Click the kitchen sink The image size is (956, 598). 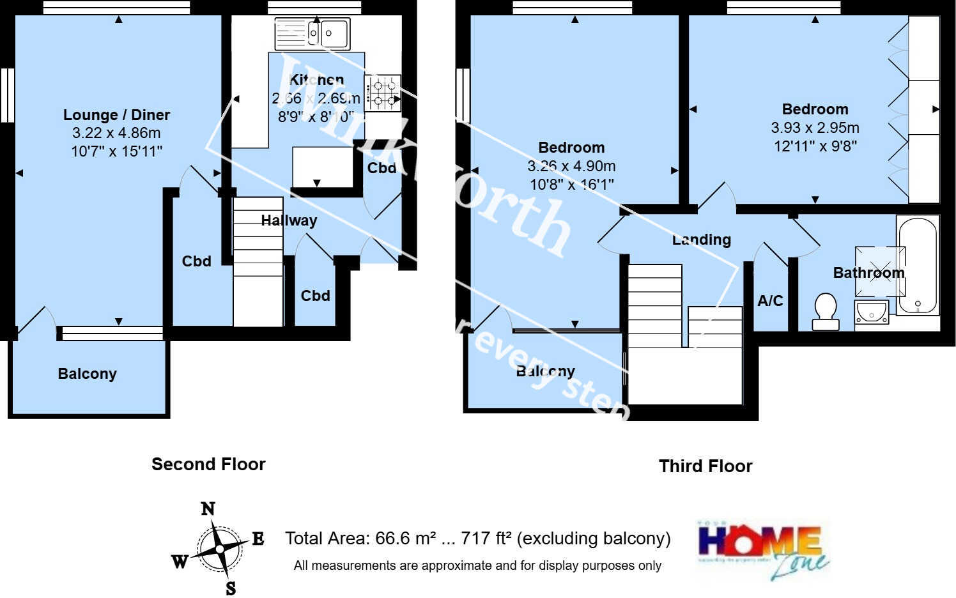tap(312, 33)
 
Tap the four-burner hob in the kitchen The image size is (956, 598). tap(382, 93)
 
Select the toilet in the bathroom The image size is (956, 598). tap(825, 311)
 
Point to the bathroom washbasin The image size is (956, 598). tap(871, 312)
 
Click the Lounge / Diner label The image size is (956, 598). tap(116, 115)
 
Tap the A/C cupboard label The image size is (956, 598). tap(770, 301)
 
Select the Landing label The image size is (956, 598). tap(701, 240)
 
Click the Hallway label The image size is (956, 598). tap(289, 220)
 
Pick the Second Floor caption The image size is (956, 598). tap(208, 464)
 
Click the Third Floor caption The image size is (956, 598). tap(705, 466)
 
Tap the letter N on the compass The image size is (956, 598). tap(208, 509)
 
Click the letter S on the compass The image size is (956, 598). tap(230, 588)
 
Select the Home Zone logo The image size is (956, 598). tap(762, 549)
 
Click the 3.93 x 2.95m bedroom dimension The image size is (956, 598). tap(815, 128)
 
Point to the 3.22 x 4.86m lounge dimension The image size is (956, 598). tap(116, 133)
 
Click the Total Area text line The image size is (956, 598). tap(477, 539)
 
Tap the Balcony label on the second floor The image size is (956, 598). tap(87, 374)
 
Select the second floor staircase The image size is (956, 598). tap(258, 262)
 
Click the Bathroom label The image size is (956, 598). tap(868, 273)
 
